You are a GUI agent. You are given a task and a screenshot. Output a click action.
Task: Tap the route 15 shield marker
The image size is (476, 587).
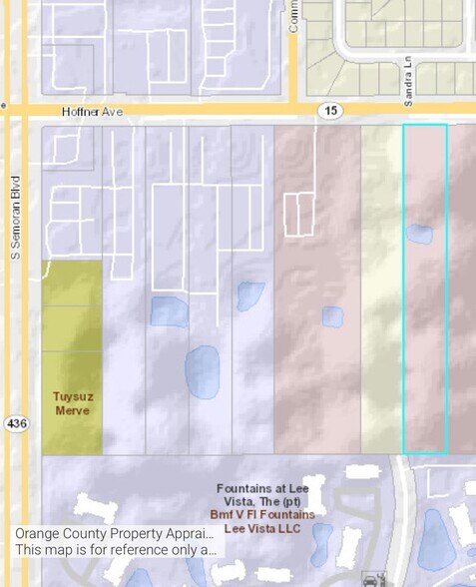(331, 110)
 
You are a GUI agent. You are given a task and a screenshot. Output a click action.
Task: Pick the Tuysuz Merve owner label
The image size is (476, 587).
(72, 403)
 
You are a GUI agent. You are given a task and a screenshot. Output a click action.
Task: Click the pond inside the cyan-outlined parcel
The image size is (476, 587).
(419, 235)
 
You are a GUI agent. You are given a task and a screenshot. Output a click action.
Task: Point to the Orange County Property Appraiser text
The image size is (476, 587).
(115, 533)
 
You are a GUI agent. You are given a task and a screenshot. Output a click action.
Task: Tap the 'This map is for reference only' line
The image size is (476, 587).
(115, 549)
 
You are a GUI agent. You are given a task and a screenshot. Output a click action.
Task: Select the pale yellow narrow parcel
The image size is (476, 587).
(381, 290)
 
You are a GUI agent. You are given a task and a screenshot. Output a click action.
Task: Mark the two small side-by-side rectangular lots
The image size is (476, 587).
(298, 215)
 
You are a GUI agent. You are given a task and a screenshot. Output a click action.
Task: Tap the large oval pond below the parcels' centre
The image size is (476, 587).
(203, 371)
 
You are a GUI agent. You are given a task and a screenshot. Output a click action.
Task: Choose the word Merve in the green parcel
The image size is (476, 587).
(72, 410)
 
